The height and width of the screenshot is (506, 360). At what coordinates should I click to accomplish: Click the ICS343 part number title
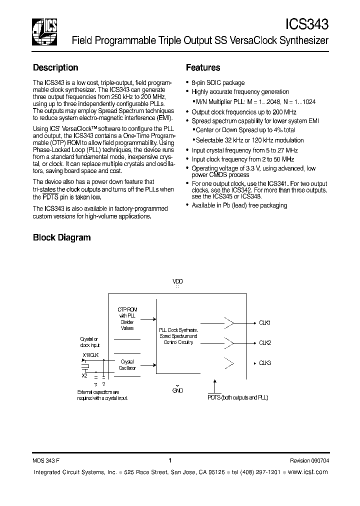(306, 24)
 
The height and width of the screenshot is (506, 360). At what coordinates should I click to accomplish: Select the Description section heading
(55, 67)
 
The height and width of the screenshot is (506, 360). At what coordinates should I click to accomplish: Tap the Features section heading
(203, 67)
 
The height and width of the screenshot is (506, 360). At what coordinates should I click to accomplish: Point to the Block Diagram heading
(61, 237)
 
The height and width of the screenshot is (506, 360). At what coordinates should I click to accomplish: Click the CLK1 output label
(265, 323)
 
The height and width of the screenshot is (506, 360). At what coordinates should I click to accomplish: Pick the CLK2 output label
(265, 343)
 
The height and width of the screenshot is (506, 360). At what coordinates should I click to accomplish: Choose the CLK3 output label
(265, 362)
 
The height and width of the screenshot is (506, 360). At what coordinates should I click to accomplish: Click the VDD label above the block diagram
(177, 281)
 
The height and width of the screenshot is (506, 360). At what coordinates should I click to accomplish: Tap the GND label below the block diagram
(177, 390)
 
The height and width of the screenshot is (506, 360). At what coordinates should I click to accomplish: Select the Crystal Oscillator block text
(127, 364)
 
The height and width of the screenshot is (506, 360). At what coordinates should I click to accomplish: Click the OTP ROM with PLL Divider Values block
(127, 319)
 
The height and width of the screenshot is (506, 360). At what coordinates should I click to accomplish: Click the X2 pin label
(84, 374)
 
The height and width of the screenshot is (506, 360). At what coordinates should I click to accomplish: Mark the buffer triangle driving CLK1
(228, 323)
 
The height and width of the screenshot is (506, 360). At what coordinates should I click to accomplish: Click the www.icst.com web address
(308, 472)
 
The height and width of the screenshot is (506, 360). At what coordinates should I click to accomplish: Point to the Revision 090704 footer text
(309, 460)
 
